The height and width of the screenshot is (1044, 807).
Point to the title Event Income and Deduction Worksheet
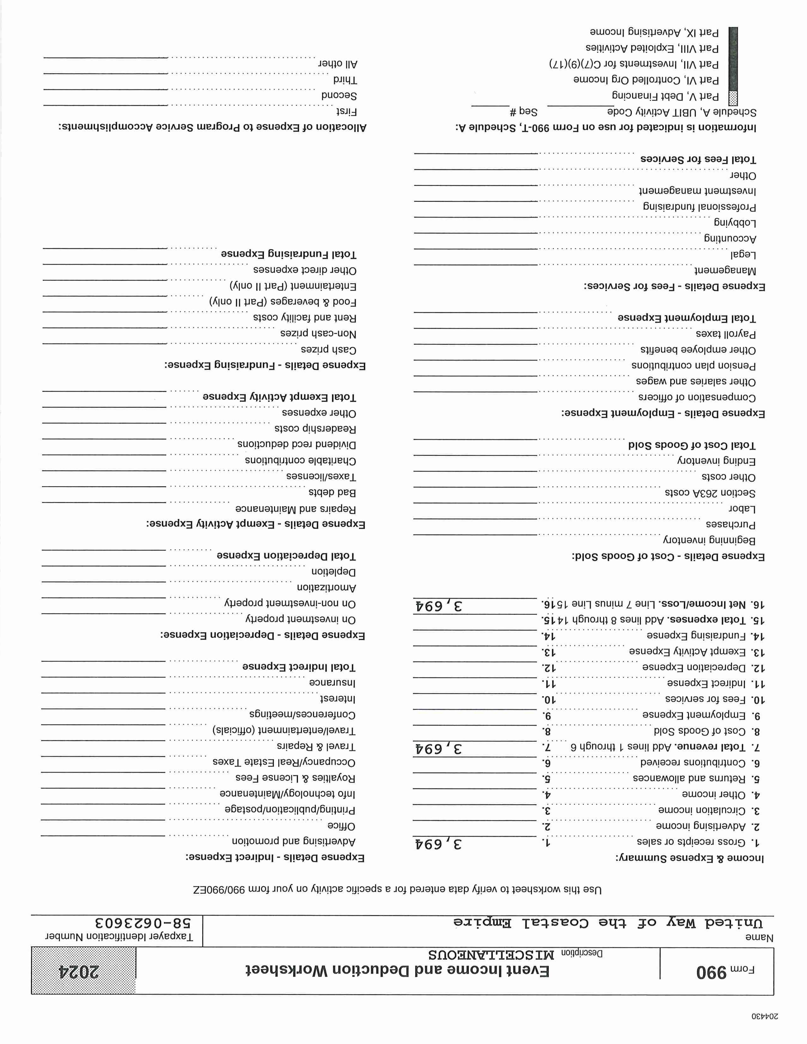coord(397,970)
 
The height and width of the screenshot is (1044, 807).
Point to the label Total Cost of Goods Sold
coord(692,445)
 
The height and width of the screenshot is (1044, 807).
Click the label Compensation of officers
coord(697,397)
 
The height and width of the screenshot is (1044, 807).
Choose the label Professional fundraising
coord(699,207)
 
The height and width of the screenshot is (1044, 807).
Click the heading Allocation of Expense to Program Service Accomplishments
coord(213,127)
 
